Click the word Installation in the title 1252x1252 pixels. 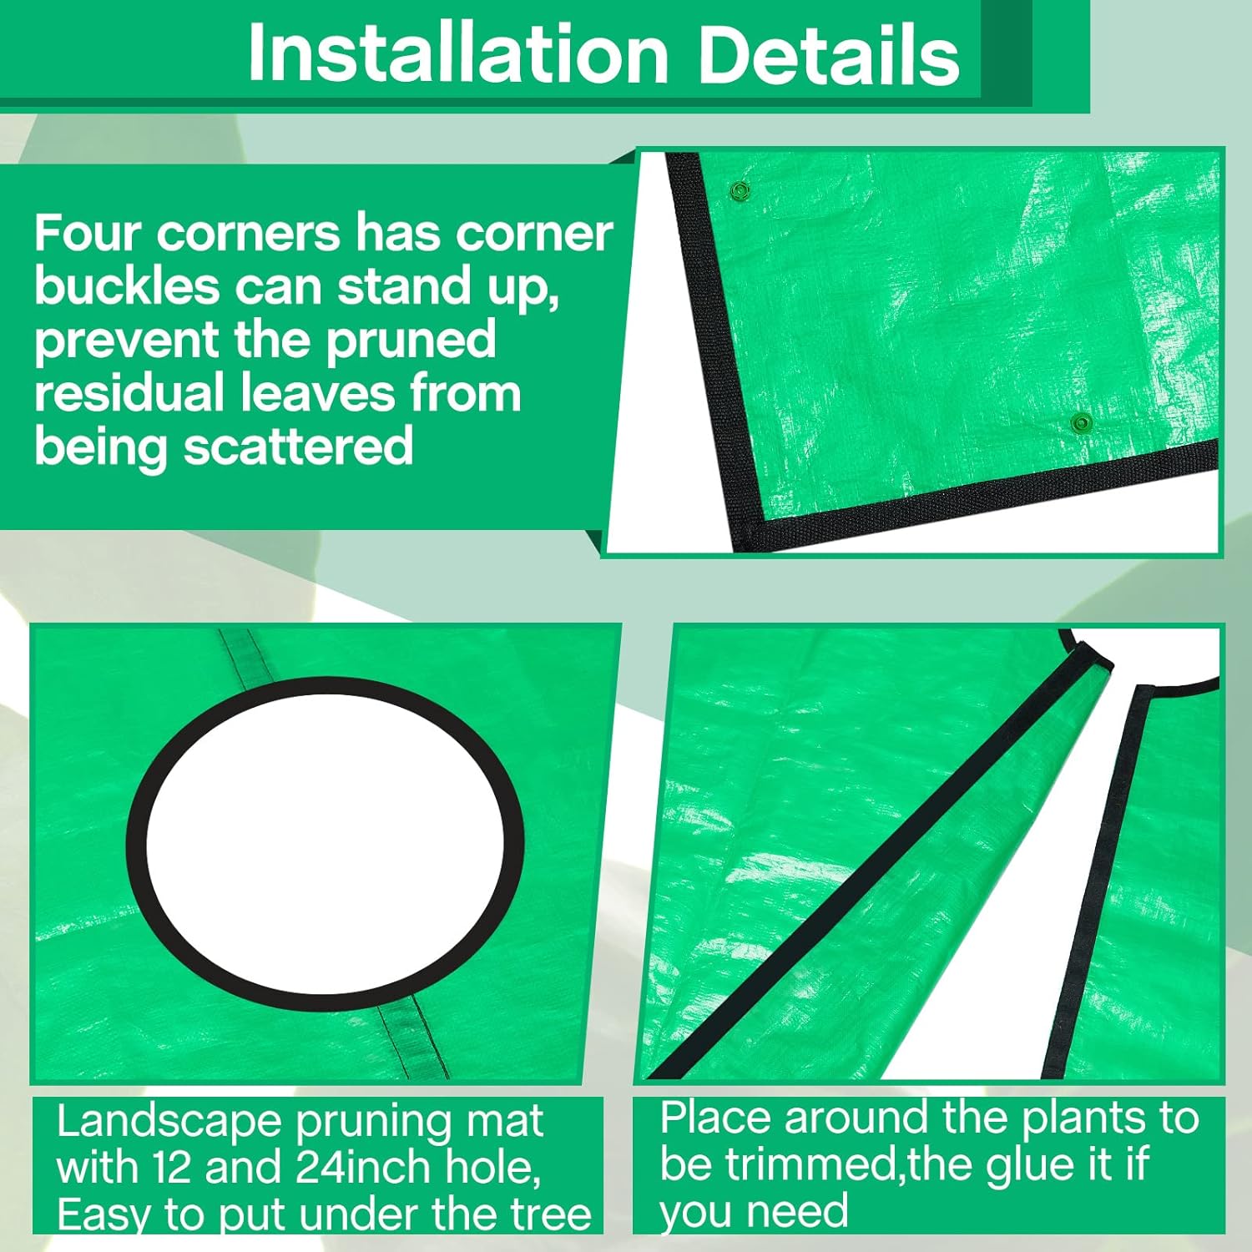pyautogui.click(x=458, y=54)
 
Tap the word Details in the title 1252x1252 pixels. pyautogui.click(x=828, y=54)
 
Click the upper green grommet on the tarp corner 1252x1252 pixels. pyautogui.click(x=738, y=191)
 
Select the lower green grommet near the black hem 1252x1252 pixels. pyautogui.click(x=1082, y=422)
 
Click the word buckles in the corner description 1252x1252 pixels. pyautogui.click(x=127, y=286)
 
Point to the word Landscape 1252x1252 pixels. pyautogui.click(x=169, y=1121)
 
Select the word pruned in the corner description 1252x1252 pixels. pyautogui.click(x=411, y=341)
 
